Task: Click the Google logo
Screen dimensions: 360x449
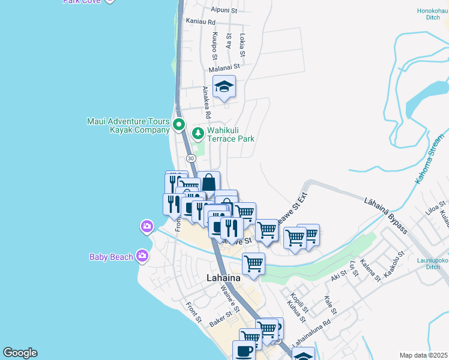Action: (20, 353)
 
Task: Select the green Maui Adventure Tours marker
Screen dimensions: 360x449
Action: (178, 125)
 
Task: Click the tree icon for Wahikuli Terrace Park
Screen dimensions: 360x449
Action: (197, 133)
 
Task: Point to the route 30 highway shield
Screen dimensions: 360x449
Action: (191, 158)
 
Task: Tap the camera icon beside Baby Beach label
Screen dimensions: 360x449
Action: (142, 256)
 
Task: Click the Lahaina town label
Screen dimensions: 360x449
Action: (223, 278)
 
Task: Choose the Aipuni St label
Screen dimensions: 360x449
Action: (224, 10)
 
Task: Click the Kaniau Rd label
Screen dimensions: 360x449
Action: (201, 21)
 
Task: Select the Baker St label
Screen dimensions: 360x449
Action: (220, 319)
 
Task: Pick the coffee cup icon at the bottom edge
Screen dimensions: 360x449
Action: (244, 351)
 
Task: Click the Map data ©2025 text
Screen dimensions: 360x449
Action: (423, 355)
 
